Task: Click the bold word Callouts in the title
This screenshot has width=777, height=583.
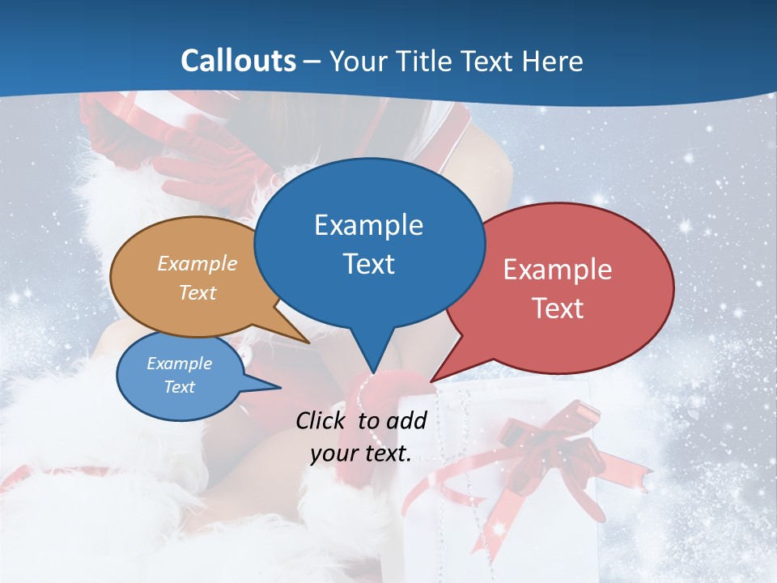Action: (x=238, y=61)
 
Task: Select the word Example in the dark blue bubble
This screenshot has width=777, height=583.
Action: (x=368, y=225)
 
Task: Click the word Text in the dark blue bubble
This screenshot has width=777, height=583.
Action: (x=368, y=264)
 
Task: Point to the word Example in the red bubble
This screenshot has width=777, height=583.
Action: (x=558, y=270)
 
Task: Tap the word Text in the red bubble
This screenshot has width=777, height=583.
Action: (x=558, y=309)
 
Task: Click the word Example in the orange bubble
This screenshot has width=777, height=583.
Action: (x=197, y=264)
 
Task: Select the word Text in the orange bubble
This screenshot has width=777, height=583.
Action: (x=197, y=292)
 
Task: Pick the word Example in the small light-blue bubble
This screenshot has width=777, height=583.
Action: (x=180, y=364)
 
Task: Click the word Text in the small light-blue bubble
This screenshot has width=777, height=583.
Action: (x=180, y=387)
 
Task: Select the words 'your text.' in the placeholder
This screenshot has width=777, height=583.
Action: (x=361, y=454)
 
